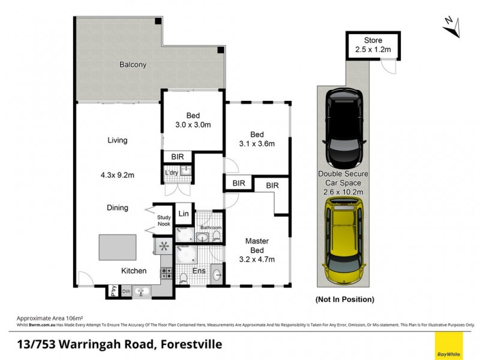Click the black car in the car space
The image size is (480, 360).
(x=344, y=128)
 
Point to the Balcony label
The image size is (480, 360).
(x=133, y=65)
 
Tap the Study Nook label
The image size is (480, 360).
(x=164, y=221)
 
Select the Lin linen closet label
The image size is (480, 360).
(x=183, y=214)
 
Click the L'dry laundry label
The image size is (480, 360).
(x=172, y=173)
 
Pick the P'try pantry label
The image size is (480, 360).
(x=113, y=292)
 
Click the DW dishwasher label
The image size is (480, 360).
(x=127, y=292)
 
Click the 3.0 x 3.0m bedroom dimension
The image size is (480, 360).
(x=193, y=125)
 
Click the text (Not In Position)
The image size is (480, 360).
(x=344, y=299)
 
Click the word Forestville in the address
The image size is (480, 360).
(x=189, y=344)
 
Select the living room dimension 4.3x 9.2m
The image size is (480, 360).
(x=118, y=176)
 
